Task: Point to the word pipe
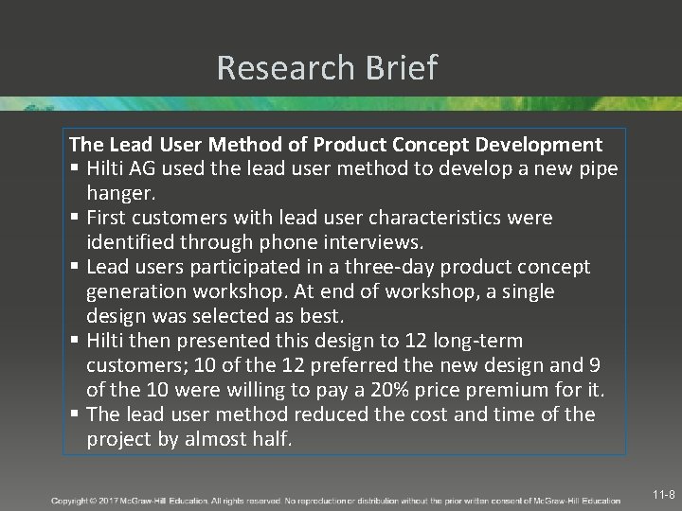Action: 596,169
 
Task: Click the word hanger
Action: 119,193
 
